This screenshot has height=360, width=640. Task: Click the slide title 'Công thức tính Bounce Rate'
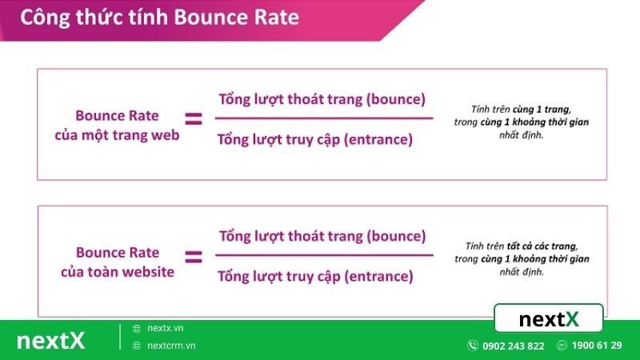[159, 18]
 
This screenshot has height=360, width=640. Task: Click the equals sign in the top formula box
[194, 119]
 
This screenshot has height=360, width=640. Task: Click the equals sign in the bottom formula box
[194, 257]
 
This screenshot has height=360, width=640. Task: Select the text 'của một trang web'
[117, 134]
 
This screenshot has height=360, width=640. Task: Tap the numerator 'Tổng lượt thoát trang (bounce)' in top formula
[322, 99]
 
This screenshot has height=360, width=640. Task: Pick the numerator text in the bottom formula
[322, 237]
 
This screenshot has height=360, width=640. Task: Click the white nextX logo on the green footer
[50, 340]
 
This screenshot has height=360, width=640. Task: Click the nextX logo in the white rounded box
[549, 319]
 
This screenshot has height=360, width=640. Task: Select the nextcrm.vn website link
[171, 346]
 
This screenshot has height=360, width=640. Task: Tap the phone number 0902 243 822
[513, 346]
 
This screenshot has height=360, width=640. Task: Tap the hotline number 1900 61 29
[597, 345]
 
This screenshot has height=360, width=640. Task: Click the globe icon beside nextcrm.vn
[137, 346]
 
